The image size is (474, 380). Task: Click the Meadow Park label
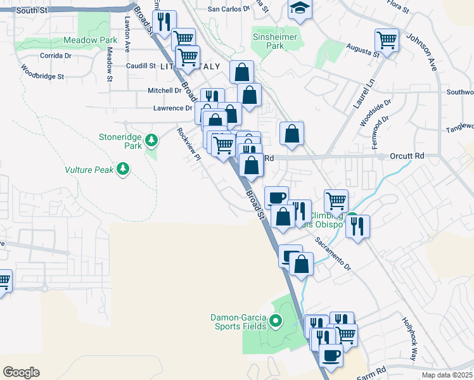click(x=91, y=40)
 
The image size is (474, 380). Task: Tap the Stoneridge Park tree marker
click(x=151, y=139)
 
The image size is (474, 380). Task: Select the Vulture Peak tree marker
click(x=123, y=169)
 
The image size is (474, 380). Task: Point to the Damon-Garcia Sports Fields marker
click(x=275, y=322)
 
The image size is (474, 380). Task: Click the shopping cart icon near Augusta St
click(x=387, y=40)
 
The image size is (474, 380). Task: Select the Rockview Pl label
click(x=189, y=144)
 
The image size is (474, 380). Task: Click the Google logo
click(x=21, y=372)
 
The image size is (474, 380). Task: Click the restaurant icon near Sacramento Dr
click(x=357, y=226)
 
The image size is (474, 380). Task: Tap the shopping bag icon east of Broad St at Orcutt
click(x=291, y=134)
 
